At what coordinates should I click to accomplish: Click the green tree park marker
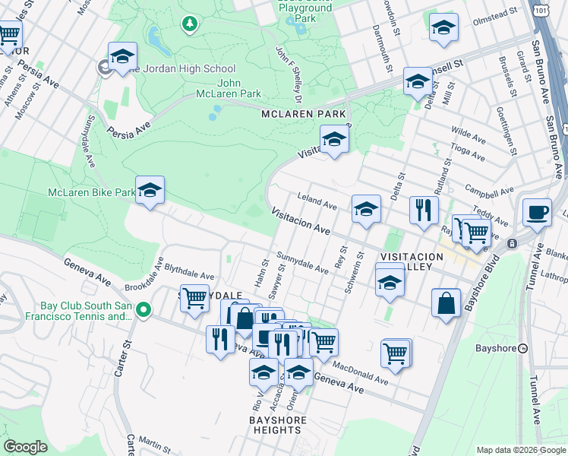189,24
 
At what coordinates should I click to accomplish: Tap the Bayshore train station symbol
522,348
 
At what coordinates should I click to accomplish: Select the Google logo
26,447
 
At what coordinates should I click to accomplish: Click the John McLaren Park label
239,88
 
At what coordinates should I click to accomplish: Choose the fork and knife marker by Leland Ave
423,210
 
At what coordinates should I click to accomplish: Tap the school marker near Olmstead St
443,28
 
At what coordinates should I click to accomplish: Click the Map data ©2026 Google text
520,449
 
